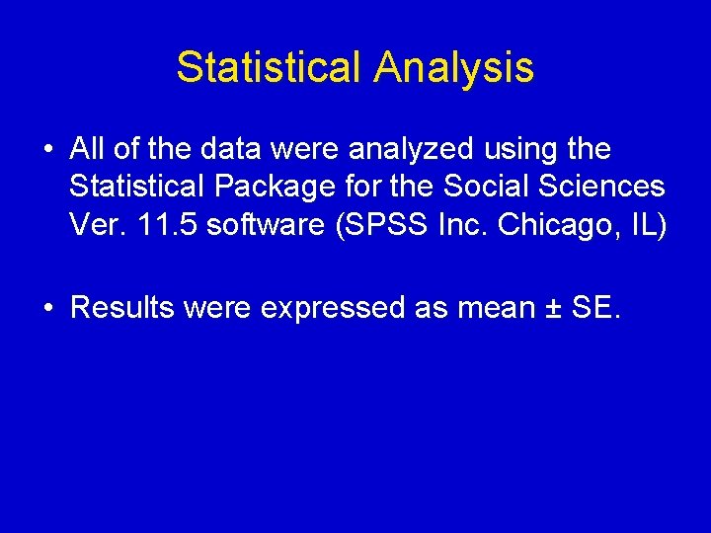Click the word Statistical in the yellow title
pyautogui.click(x=269, y=68)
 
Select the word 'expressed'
pyautogui.click(x=332, y=309)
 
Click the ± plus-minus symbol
pyautogui.click(x=553, y=308)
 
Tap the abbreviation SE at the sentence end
pyautogui.click(x=593, y=308)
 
